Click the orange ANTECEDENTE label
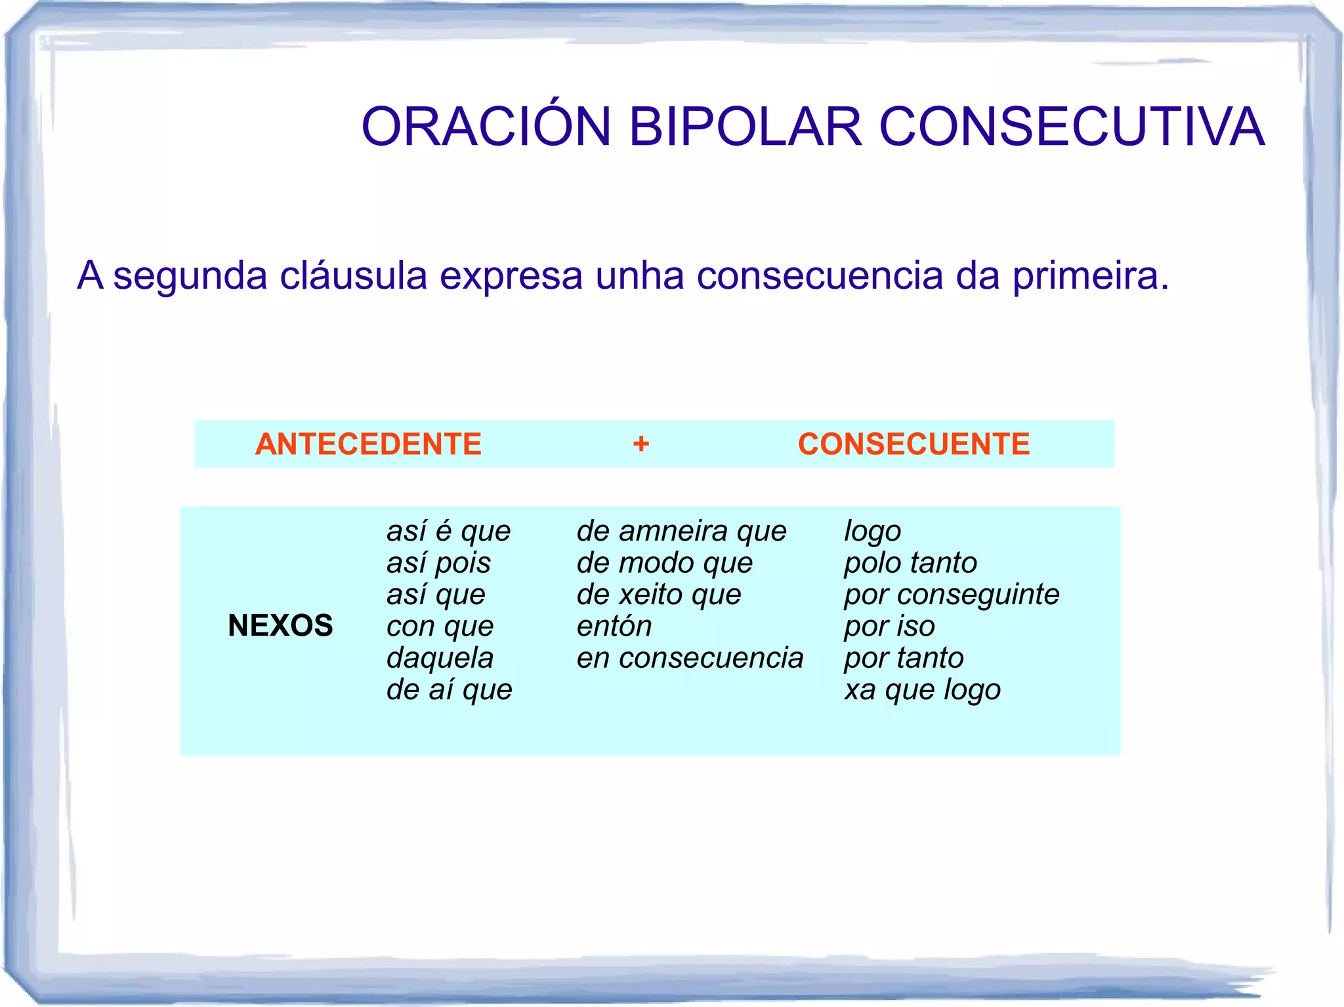[x=368, y=444]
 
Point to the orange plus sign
[x=641, y=444]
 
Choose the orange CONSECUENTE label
[x=913, y=444]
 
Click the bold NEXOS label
[x=280, y=625]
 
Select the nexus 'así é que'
[x=448, y=531]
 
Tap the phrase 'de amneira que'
[x=681, y=531]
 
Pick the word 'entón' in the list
[x=614, y=626]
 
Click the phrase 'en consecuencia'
[x=690, y=657]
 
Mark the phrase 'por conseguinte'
[x=952, y=594]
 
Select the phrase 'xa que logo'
[x=922, y=689]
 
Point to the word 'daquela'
[x=440, y=657]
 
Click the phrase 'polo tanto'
[x=910, y=563]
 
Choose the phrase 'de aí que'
[x=449, y=689]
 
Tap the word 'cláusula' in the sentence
[x=353, y=275]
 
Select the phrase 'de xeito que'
[x=659, y=594]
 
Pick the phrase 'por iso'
[x=889, y=626]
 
